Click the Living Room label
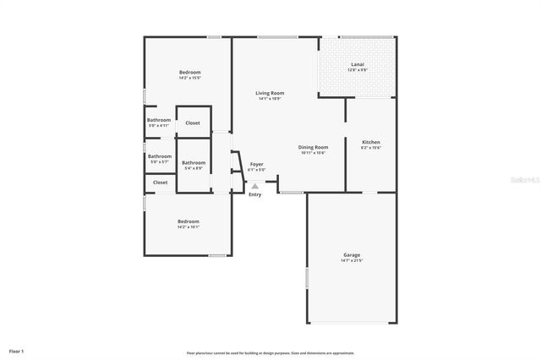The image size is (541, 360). point(270,93)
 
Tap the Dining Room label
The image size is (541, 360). point(314,147)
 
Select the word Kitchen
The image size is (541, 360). point(371,142)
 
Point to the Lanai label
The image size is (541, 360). point(358,64)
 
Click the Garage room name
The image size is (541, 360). point(352,254)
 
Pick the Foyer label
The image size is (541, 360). point(256,164)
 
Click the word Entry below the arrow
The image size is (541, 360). point(255,194)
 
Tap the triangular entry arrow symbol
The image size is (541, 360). point(255,185)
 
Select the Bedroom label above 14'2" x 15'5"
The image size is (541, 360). point(189,73)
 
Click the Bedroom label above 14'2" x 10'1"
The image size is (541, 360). point(189,221)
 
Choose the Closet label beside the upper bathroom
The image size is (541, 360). point(193,123)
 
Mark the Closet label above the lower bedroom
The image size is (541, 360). point(161,182)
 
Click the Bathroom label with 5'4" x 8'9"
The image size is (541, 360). point(194,162)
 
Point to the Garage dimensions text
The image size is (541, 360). point(352,260)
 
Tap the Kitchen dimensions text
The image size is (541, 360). point(371,148)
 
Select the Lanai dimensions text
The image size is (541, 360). point(358,70)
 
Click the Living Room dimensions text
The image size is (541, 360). point(270,99)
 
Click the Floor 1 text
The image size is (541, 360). point(16,350)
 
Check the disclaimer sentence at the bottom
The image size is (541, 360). point(270,352)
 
